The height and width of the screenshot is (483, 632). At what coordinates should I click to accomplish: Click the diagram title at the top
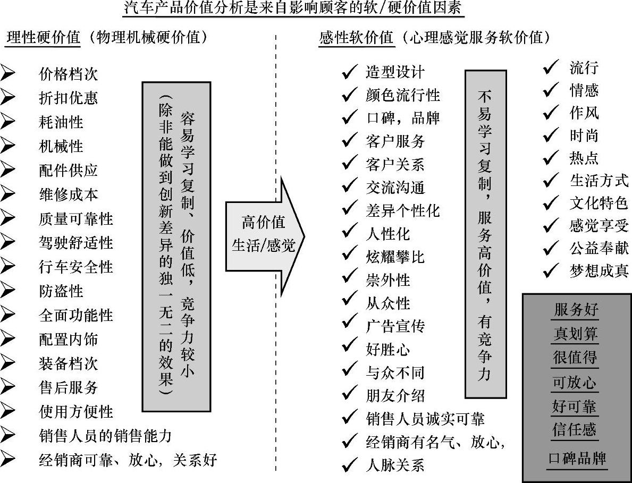click(316, 9)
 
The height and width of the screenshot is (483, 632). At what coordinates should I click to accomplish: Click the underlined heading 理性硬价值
click(44, 38)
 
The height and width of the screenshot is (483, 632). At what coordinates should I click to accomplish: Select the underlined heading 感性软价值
click(356, 38)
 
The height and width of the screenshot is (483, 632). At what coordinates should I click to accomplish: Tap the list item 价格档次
click(69, 74)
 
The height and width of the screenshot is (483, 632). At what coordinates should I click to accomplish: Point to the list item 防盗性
click(61, 291)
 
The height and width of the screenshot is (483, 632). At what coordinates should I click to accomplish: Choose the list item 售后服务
click(69, 387)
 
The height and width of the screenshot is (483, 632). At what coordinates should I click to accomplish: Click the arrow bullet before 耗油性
click(8, 122)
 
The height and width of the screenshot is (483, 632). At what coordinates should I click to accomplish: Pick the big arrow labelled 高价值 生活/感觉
click(264, 236)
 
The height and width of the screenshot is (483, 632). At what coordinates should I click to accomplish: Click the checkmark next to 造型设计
click(349, 72)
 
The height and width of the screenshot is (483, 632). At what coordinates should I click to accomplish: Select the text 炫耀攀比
click(395, 257)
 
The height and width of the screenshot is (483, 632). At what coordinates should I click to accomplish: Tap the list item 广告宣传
click(395, 326)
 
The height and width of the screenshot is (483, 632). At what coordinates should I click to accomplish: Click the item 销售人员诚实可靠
click(425, 419)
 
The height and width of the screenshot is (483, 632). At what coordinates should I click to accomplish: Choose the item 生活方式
click(599, 181)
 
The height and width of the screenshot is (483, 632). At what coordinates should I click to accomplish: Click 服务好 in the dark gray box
click(576, 310)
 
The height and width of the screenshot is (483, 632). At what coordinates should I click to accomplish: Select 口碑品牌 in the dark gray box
click(577, 459)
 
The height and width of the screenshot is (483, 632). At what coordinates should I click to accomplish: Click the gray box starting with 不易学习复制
click(486, 234)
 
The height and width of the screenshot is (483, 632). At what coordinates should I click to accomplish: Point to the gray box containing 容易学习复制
click(177, 246)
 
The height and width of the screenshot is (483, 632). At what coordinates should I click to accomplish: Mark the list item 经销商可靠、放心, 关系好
click(128, 460)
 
